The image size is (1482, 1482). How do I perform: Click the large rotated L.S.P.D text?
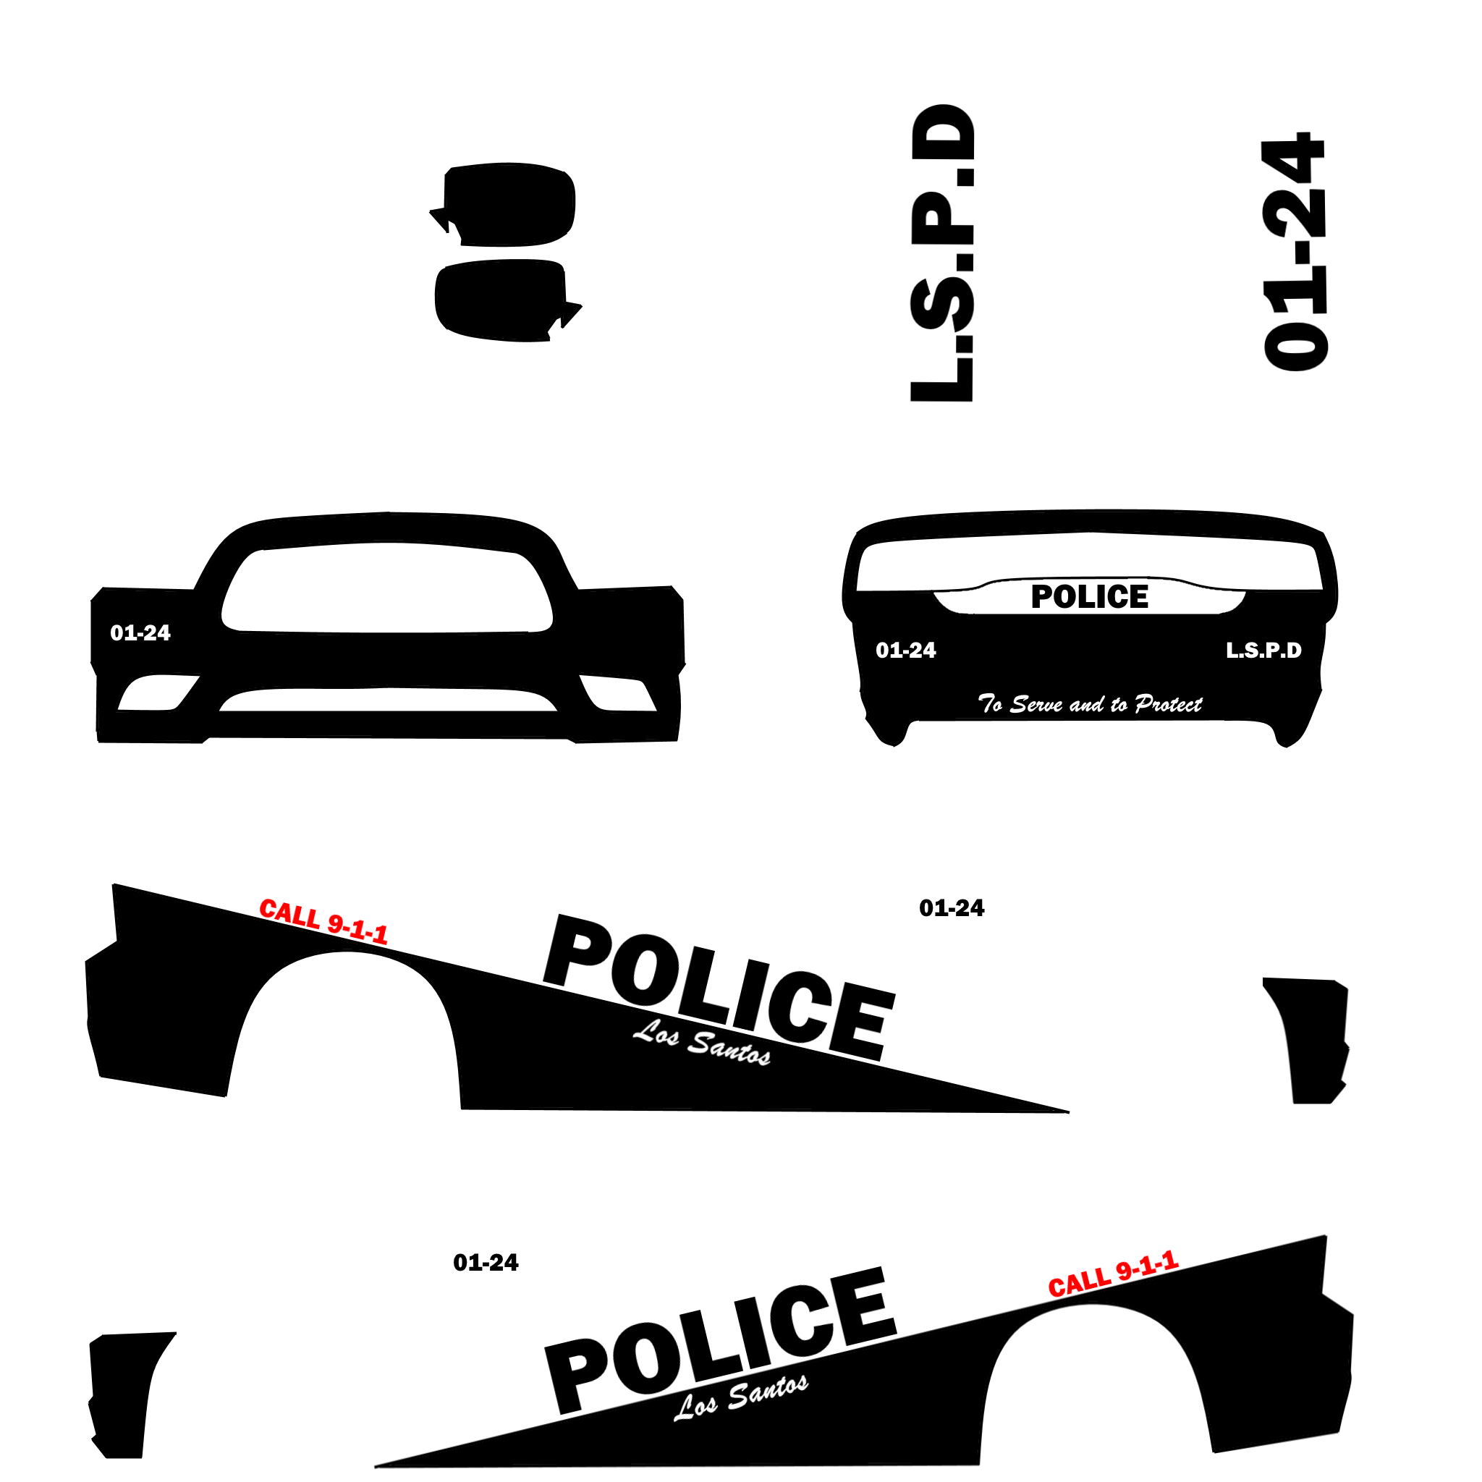pos(942,253)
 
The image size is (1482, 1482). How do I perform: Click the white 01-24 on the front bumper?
pos(140,633)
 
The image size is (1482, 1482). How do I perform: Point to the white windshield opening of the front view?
pos(387,588)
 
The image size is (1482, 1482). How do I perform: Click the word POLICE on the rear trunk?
pos(1089,597)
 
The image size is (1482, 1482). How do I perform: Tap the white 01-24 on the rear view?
pos(906,651)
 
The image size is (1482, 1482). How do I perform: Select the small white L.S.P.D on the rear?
pos(1263,651)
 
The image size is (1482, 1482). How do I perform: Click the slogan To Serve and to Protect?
pos(1089,703)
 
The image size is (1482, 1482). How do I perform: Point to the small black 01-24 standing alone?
pos(951,908)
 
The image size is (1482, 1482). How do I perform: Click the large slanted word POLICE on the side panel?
pos(719,986)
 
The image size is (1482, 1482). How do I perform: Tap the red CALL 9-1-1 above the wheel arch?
pos(323,920)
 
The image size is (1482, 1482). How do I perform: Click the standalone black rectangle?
pos(1318,1036)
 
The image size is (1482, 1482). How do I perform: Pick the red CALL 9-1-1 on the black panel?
pos(1113,1274)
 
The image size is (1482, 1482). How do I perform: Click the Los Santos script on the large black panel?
pos(741,1397)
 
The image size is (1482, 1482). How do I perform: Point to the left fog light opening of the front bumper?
pos(156,693)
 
